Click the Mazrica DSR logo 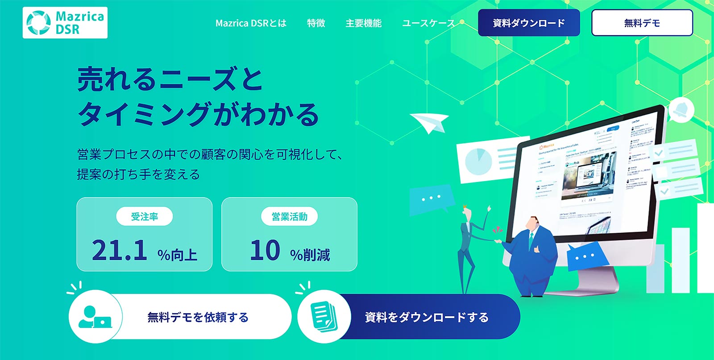click(65, 23)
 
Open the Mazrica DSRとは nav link click(251, 23)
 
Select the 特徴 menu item click(316, 23)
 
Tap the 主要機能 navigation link click(363, 23)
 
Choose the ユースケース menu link click(428, 23)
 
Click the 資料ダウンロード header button click(529, 23)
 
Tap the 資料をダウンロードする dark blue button click(426, 317)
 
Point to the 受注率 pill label click(145, 217)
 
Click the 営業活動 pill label click(289, 217)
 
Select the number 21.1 click(120, 250)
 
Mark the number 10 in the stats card click(265, 250)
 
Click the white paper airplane click(429, 122)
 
